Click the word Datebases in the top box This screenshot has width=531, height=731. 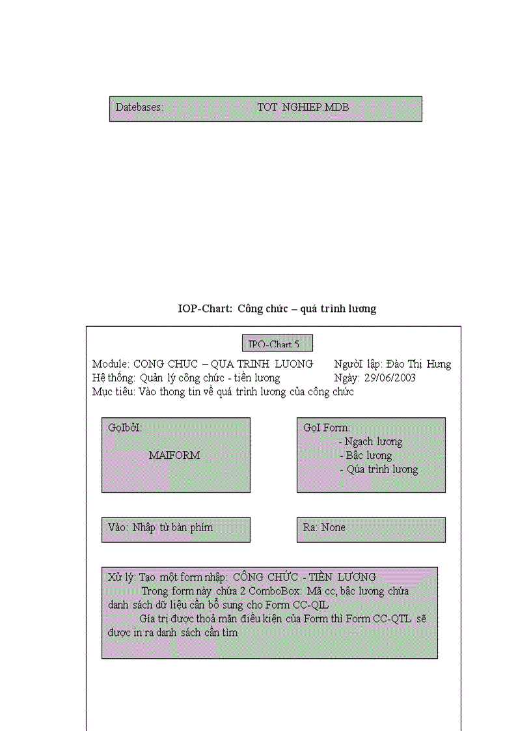click(x=139, y=107)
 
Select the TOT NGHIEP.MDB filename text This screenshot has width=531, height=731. click(x=303, y=107)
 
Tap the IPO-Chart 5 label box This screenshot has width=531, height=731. click(x=277, y=344)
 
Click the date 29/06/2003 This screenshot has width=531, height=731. click(x=390, y=378)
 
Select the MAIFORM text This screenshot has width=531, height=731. click(x=174, y=456)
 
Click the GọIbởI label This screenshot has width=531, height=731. click(x=125, y=428)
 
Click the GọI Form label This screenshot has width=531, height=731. click(x=327, y=428)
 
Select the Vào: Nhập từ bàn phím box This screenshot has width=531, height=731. click(x=176, y=529)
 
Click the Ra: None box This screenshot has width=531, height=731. click(x=371, y=529)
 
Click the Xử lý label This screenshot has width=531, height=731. click(x=122, y=577)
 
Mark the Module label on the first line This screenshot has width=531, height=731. click(x=111, y=364)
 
